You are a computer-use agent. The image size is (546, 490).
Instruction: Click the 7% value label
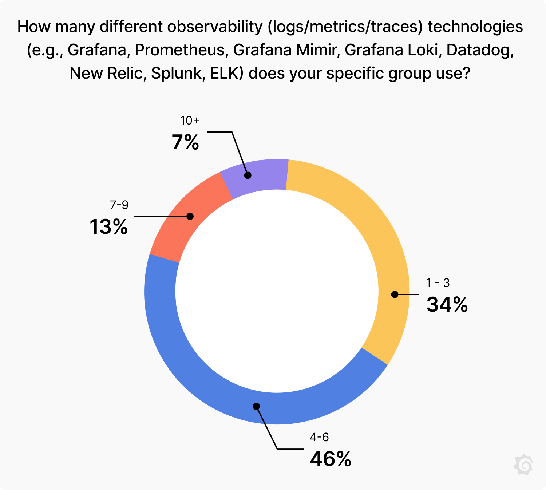[x=185, y=142]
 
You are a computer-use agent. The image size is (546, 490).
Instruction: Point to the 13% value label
[x=108, y=227]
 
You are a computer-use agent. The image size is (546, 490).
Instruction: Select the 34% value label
[x=447, y=305]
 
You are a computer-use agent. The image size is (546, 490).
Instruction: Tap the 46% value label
[x=331, y=459]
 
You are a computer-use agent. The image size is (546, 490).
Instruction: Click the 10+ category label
[x=190, y=120]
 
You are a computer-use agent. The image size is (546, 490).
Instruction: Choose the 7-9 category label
[x=119, y=205]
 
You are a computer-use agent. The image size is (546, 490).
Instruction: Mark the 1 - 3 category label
[x=438, y=283]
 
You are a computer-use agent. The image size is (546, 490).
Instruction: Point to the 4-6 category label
[x=319, y=437]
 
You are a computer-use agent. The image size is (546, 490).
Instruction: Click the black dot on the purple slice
[x=248, y=175]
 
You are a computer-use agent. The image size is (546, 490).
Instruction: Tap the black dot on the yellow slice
[x=395, y=294]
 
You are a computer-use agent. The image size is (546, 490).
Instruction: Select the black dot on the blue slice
[x=256, y=406]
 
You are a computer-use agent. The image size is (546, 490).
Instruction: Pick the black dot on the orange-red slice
[x=190, y=216]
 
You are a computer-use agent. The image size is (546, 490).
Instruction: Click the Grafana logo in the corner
[x=523, y=465]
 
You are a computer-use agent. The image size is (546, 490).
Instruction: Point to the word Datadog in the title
[x=480, y=50]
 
